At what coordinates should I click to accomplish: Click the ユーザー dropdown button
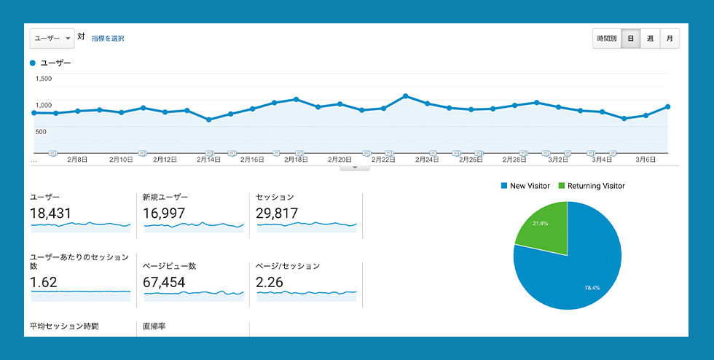52,38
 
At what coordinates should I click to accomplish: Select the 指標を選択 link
108,38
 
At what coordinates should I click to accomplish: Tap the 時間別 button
606,39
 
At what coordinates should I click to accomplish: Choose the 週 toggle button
650,39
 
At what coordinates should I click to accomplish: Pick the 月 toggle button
670,39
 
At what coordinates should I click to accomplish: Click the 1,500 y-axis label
43,79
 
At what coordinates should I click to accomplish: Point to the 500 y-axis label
41,132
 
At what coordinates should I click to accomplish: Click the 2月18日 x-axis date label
297,159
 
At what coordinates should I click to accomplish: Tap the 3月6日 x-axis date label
646,159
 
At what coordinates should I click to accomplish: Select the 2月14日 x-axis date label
210,159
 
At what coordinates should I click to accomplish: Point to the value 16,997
165,213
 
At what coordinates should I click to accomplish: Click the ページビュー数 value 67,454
165,282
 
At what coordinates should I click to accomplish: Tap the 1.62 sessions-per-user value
44,282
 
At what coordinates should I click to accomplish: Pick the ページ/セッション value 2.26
270,282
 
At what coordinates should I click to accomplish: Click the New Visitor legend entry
525,186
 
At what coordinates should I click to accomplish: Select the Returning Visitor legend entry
591,186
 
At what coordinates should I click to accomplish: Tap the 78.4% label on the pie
593,288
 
